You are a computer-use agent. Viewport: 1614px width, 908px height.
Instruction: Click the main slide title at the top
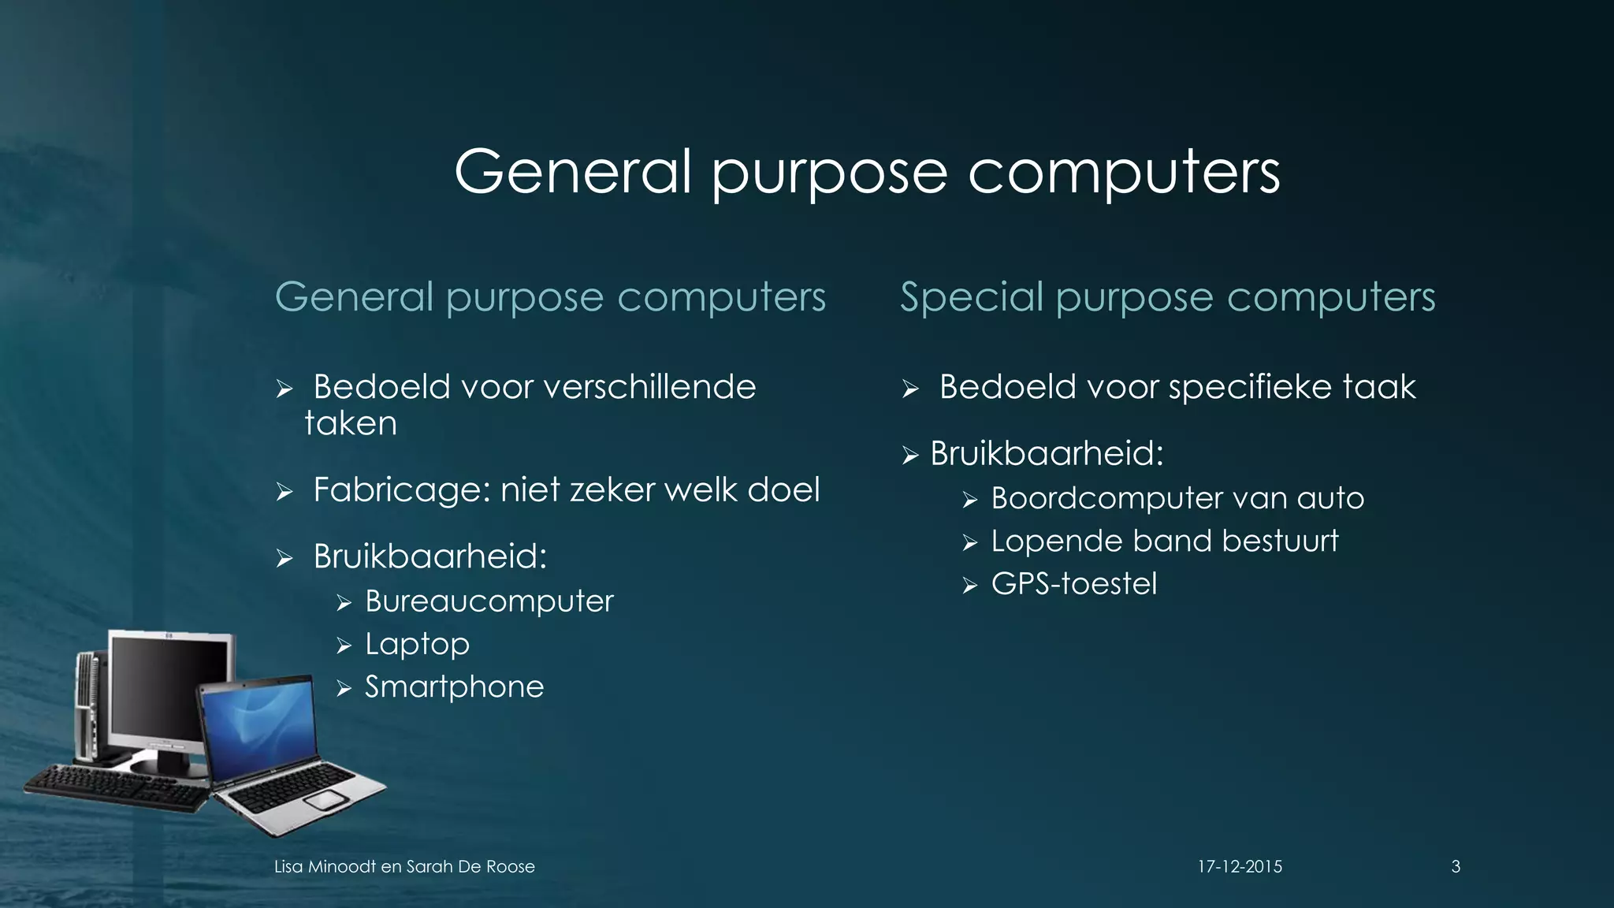867,172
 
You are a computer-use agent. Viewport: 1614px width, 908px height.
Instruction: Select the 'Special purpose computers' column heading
1167,298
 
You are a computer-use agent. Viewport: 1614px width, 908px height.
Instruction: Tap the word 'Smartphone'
454,687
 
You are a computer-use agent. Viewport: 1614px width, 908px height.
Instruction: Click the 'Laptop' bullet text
417,645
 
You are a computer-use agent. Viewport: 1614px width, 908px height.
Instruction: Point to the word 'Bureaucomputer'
489,601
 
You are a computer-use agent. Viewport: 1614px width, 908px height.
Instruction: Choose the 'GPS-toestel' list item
1073,584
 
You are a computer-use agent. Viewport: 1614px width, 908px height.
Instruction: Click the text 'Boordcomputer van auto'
1177,498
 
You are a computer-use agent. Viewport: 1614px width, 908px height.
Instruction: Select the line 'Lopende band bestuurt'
1164,541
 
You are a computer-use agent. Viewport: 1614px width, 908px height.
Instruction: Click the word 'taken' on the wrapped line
351,424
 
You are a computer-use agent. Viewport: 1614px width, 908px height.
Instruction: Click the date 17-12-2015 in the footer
1240,867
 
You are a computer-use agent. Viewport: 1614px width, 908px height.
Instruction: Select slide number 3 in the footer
1456,867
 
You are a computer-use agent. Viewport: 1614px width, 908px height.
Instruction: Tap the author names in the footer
404,867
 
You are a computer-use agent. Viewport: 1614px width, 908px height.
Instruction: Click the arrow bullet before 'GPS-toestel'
969,586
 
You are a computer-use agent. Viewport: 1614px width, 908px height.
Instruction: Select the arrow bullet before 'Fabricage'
284,493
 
